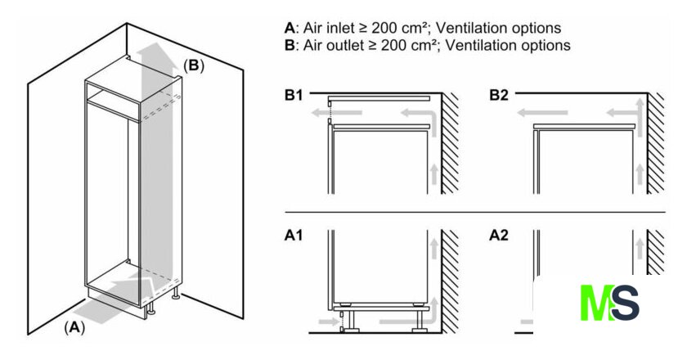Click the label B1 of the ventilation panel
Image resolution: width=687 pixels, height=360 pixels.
click(x=294, y=96)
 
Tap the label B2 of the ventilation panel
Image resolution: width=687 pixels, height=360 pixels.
click(x=499, y=96)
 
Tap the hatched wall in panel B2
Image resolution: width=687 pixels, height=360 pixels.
click(x=655, y=143)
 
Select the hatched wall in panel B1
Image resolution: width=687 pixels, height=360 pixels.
click(x=451, y=143)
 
